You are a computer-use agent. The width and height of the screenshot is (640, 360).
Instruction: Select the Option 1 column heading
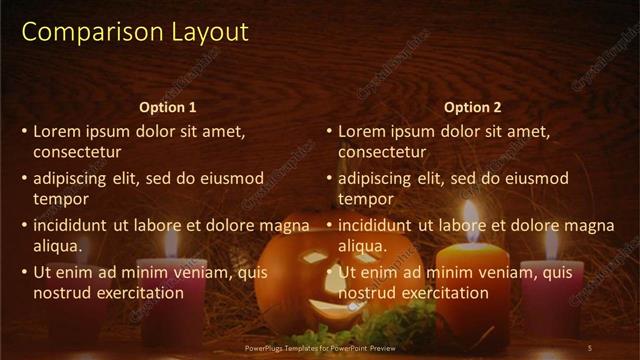(x=168, y=107)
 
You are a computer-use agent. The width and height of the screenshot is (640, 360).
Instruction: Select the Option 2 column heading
(x=472, y=107)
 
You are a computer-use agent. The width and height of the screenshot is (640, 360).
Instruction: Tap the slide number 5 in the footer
(x=589, y=348)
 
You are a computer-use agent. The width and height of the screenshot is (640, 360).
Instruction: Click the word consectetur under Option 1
(x=78, y=152)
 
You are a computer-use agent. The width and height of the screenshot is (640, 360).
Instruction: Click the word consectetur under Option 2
(x=382, y=152)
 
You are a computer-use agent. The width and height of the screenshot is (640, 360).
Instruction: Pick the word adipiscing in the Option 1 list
(x=71, y=178)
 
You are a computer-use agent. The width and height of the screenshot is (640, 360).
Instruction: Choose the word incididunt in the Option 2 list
(x=376, y=225)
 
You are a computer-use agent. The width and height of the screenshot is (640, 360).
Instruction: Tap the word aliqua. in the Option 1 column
(x=58, y=246)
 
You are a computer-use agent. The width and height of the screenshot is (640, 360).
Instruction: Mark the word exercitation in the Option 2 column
(x=443, y=293)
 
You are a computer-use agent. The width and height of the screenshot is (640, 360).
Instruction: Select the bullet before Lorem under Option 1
(x=24, y=131)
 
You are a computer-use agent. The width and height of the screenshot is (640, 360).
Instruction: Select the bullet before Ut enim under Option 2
(x=328, y=272)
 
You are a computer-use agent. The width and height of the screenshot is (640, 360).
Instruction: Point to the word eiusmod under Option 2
(x=535, y=178)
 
